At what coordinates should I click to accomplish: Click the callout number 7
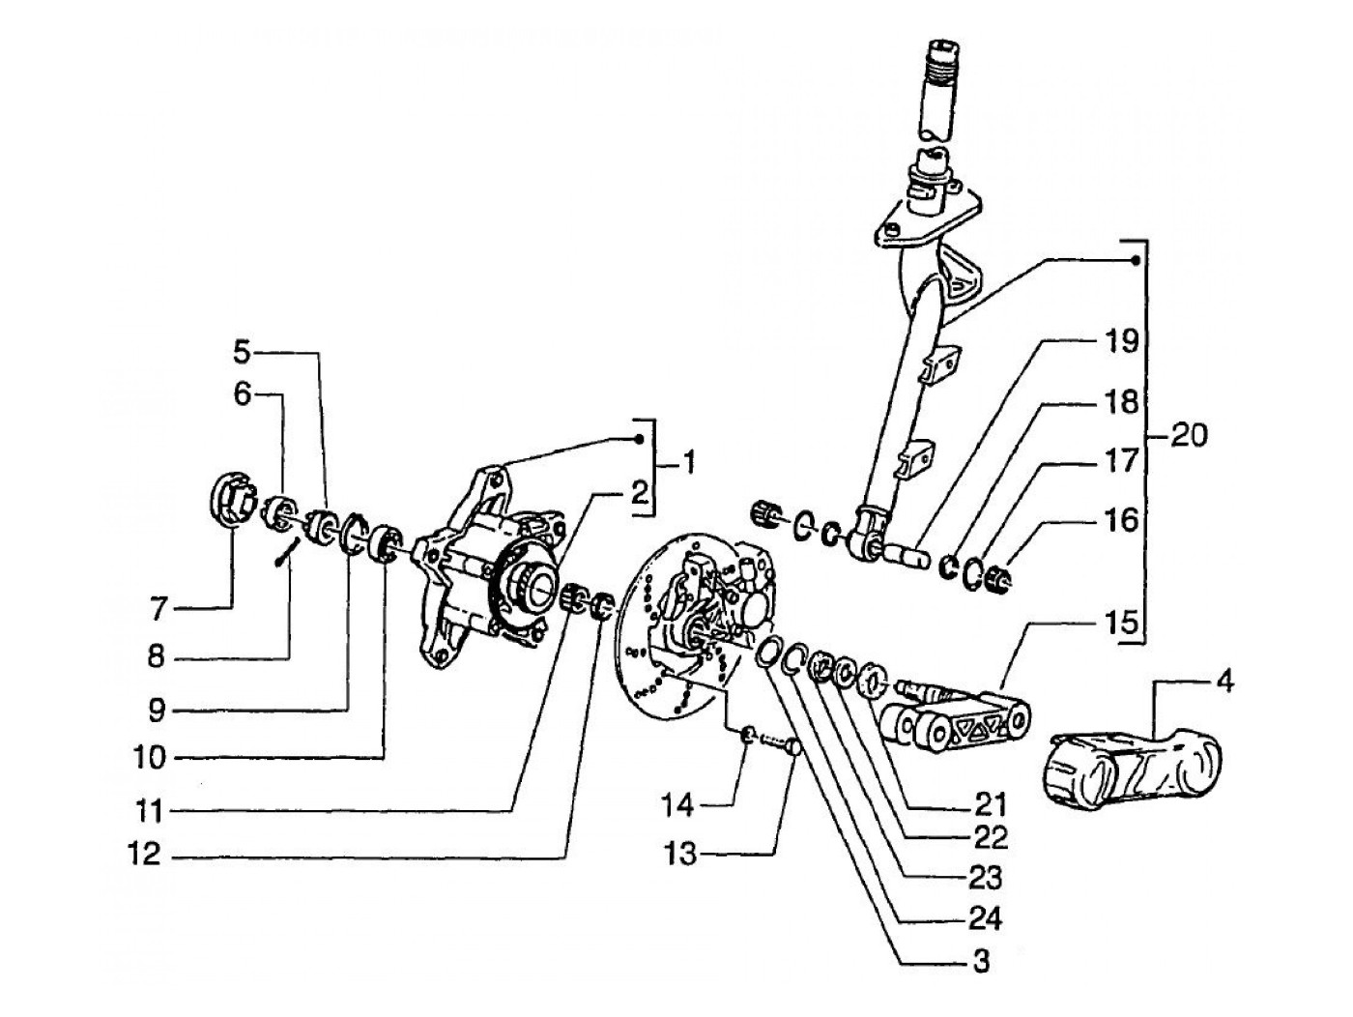pyautogui.click(x=159, y=610)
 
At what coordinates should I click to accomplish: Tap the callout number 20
pyautogui.click(x=1190, y=436)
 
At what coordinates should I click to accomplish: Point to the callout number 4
pyautogui.click(x=1224, y=683)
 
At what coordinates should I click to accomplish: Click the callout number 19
pyautogui.click(x=1122, y=341)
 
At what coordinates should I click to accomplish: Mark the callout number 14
pyautogui.click(x=677, y=805)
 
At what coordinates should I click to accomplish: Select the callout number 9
pyautogui.click(x=157, y=712)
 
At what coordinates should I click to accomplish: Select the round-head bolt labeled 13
pyautogui.click(x=785, y=749)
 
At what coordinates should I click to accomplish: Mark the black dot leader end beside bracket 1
pyautogui.click(x=640, y=439)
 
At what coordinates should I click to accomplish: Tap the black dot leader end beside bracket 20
pyautogui.click(x=1136, y=261)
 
